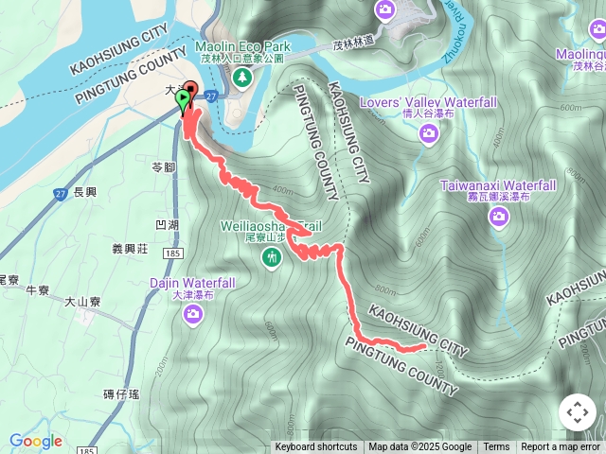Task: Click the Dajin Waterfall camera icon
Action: point(193,312)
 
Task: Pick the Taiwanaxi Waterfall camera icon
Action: point(499,218)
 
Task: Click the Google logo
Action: point(36,441)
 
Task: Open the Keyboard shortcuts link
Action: point(316,447)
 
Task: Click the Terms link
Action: point(496,447)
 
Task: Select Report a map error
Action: point(561,447)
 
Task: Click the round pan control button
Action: point(577,413)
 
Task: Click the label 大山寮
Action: point(82,302)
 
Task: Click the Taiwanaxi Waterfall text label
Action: point(498,186)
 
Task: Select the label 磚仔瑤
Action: point(122,393)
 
